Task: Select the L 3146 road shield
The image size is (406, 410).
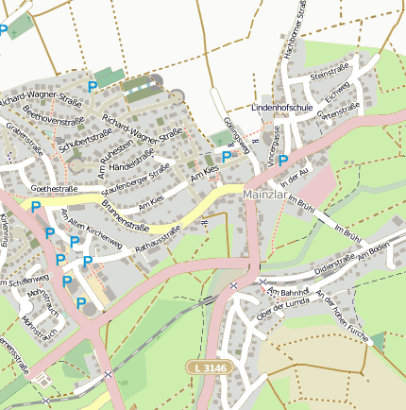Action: (208, 367)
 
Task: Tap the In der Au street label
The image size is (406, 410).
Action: (295, 176)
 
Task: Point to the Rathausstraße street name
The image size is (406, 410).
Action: (158, 240)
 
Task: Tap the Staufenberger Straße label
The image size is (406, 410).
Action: (141, 180)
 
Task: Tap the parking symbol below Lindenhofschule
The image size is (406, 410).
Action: (282, 161)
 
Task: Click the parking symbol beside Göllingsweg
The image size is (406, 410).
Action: (227, 156)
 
